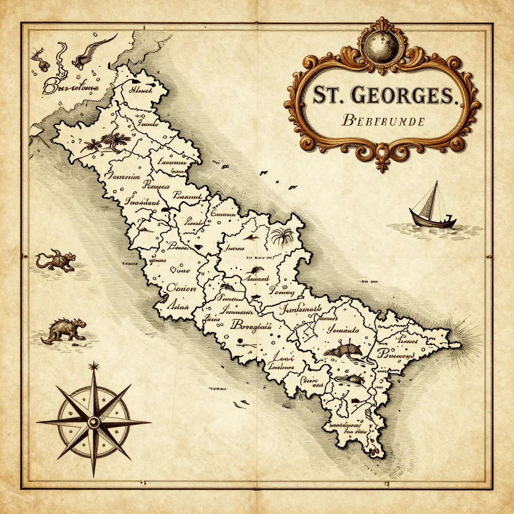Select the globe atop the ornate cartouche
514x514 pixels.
pyautogui.click(x=383, y=45)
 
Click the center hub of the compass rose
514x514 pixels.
pyautogui.click(x=94, y=423)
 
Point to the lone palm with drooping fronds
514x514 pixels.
pyautogui.click(x=282, y=235)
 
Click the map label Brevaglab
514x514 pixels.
pyautogui.click(x=250, y=325)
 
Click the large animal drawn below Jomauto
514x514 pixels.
pyautogui.click(x=342, y=349)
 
